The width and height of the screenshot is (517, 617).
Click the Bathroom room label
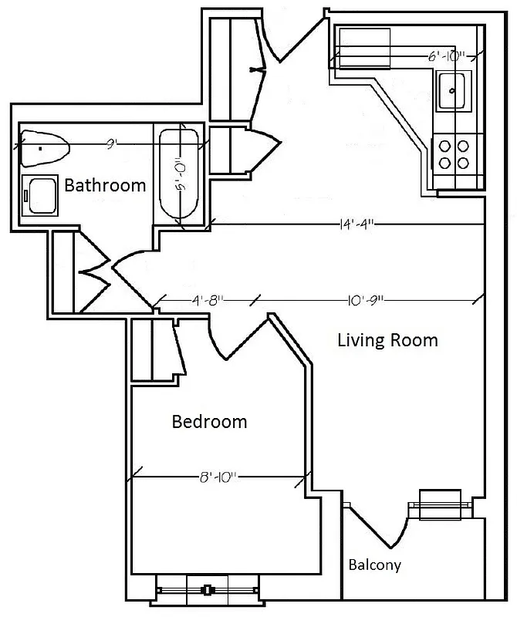point(105,185)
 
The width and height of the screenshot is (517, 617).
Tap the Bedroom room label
point(209,422)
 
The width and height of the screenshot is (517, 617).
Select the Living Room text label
point(387,340)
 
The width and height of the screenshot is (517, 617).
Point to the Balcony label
point(374,565)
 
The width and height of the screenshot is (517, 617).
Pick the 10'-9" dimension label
point(357,300)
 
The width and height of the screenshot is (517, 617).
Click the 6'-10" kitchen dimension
point(447,56)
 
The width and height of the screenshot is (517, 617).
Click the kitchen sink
point(452,90)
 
